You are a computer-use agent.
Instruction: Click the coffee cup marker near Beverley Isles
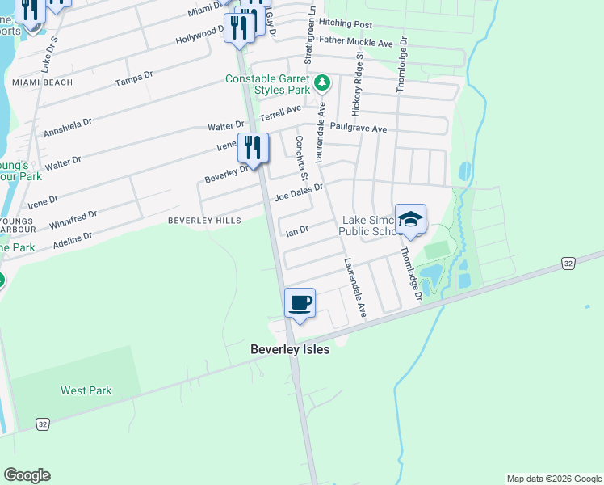[300, 304]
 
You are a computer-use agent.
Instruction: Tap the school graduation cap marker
[410, 220]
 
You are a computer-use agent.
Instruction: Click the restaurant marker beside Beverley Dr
[253, 149]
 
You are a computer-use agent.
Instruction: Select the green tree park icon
[322, 83]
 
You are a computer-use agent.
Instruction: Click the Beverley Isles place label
[290, 350]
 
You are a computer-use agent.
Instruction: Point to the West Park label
[86, 390]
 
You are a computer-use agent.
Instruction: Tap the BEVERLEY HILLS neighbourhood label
[204, 220]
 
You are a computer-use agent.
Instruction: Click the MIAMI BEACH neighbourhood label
[42, 82]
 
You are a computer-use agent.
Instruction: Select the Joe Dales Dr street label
[299, 192]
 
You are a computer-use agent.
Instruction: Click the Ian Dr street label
[297, 231]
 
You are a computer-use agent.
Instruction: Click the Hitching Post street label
[346, 25]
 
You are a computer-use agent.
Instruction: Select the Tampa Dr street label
[134, 78]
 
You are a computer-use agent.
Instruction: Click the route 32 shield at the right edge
[568, 264]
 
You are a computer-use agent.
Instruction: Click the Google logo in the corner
[27, 475]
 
